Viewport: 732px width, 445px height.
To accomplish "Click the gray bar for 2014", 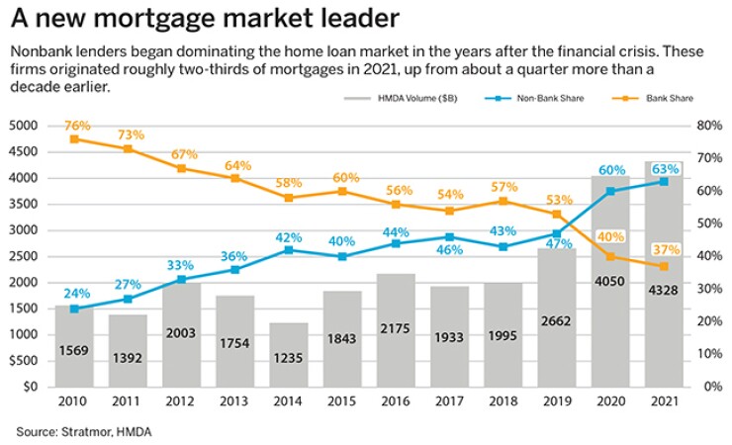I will point(288,354).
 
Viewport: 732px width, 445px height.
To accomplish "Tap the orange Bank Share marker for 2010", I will point(75,139).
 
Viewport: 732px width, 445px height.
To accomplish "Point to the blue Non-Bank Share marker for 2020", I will point(610,191).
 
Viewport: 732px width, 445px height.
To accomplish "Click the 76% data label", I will point(75,125).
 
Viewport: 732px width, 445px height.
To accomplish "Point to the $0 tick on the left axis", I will point(27,387).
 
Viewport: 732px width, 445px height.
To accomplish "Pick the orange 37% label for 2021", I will point(665,248).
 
